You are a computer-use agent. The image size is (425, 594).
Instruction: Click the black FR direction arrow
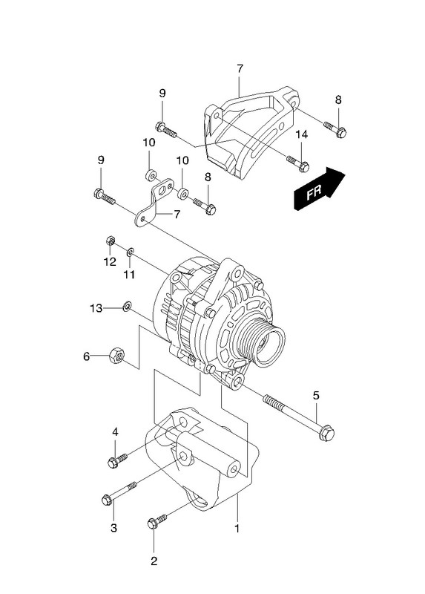click(x=319, y=189)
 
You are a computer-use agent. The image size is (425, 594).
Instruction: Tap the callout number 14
click(x=302, y=134)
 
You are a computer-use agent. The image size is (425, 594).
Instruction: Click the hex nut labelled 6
click(x=116, y=356)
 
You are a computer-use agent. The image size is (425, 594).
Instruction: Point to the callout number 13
click(x=96, y=308)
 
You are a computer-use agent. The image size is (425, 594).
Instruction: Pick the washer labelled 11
click(x=131, y=251)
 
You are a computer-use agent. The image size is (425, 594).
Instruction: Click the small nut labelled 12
click(x=110, y=241)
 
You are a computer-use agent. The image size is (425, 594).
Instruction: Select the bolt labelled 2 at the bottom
click(x=157, y=521)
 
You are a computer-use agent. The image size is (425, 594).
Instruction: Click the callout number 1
click(x=237, y=528)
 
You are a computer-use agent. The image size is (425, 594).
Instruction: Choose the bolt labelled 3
click(x=119, y=492)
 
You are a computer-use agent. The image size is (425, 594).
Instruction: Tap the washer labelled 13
click(x=127, y=305)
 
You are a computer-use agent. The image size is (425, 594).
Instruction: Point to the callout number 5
click(x=317, y=396)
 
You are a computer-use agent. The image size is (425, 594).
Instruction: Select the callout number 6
click(x=87, y=356)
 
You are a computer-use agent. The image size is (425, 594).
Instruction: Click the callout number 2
click(x=154, y=561)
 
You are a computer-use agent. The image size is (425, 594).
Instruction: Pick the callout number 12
click(x=110, y=261)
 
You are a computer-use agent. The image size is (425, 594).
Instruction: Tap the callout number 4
click(x=115, y=431)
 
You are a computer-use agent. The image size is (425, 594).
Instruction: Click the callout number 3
click(x=114, y=528)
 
